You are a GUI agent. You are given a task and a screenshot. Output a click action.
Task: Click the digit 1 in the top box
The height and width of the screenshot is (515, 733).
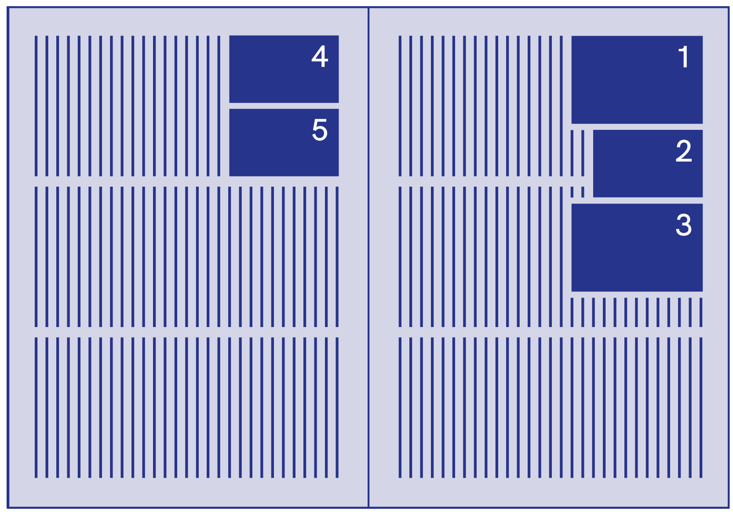coord(683,57)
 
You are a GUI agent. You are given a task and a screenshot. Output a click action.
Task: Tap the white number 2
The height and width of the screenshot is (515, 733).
coord(684,151)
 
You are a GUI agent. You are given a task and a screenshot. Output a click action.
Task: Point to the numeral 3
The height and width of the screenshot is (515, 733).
coord(684,225)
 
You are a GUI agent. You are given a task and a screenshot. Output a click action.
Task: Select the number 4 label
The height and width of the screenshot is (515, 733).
coord(320,57)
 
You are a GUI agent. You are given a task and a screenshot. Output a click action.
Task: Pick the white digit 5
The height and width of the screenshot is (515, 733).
coord(320,130)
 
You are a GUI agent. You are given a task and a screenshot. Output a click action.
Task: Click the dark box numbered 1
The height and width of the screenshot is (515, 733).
coord(637,88)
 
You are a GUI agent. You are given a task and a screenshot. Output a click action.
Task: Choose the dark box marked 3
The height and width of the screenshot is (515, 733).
coord(637,255)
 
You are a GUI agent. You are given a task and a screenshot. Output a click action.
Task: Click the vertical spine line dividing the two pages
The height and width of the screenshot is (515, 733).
coord(368,264)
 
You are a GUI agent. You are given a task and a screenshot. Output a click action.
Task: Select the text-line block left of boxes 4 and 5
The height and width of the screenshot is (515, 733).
coord(128,106)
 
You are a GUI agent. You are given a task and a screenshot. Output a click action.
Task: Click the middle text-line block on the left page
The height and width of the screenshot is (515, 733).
coord(186,257)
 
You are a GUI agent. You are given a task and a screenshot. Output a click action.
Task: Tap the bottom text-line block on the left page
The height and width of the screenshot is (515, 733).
coord(186,408)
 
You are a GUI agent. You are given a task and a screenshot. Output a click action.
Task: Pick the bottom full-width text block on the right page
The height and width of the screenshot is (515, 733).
coord(551,408)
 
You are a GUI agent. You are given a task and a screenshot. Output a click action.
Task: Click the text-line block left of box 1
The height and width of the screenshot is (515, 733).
coord(481,106)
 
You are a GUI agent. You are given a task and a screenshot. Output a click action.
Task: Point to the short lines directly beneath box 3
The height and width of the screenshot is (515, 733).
coord(636,312)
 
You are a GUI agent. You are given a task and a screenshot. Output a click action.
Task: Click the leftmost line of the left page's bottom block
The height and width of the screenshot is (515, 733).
coord(36,408)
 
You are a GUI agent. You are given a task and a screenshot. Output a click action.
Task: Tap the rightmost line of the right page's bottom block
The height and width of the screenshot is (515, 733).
coord(701,408)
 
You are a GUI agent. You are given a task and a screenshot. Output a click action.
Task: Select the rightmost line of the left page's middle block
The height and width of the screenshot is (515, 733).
coord(337,257)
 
